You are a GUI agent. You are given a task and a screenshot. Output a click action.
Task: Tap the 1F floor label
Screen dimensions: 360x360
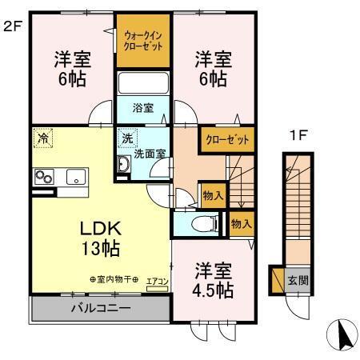click(298, 136)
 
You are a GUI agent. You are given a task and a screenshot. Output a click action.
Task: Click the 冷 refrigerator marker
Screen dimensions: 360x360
click(41, 138)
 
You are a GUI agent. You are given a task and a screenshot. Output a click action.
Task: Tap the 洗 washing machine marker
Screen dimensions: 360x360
click(126, 138)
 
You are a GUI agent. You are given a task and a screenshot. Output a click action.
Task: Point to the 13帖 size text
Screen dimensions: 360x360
click(99, 248)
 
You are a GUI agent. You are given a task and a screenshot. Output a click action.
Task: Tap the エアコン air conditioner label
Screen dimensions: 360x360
click(158, 281)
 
